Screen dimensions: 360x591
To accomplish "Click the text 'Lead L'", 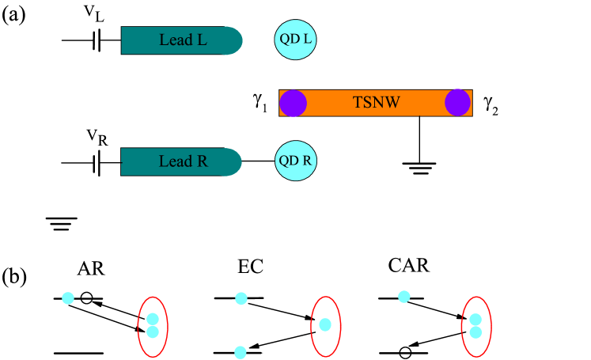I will (x=183, y=40).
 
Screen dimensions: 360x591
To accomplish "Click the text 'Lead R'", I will (x=183, y=161).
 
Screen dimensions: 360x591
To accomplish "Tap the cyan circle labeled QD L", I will (x=295, y=40).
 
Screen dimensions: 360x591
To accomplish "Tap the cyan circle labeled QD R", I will (x=295, y=161).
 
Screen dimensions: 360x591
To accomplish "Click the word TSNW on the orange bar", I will (x=376, y=103).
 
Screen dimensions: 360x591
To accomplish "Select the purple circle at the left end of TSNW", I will (x=294, y=103).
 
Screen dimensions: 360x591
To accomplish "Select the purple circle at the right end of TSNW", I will (x=457, y=103).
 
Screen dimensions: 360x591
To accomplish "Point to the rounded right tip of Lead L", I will (x=237, y=40).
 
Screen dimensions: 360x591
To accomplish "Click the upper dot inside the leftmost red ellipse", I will (x=153, y=319).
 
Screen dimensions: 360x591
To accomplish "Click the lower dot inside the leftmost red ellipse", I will (x=153, y=332).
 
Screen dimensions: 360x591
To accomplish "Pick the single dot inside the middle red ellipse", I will (x=324, y=324).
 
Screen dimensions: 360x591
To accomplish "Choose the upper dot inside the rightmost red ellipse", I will (x=475, y=320).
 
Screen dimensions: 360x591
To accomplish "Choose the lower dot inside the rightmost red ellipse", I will (x=475, y=332).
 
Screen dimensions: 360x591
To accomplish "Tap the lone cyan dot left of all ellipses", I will (x=68, y=298).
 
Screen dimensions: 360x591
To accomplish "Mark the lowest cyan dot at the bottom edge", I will (x=241, y=352).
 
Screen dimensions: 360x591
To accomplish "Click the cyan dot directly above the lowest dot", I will (x=241, y=298).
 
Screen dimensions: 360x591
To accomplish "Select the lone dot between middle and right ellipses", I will (x=404, y=297).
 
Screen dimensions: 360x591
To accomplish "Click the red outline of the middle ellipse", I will (x=311, y=326).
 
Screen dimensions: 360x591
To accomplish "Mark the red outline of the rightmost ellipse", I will (x=462, y=326).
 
